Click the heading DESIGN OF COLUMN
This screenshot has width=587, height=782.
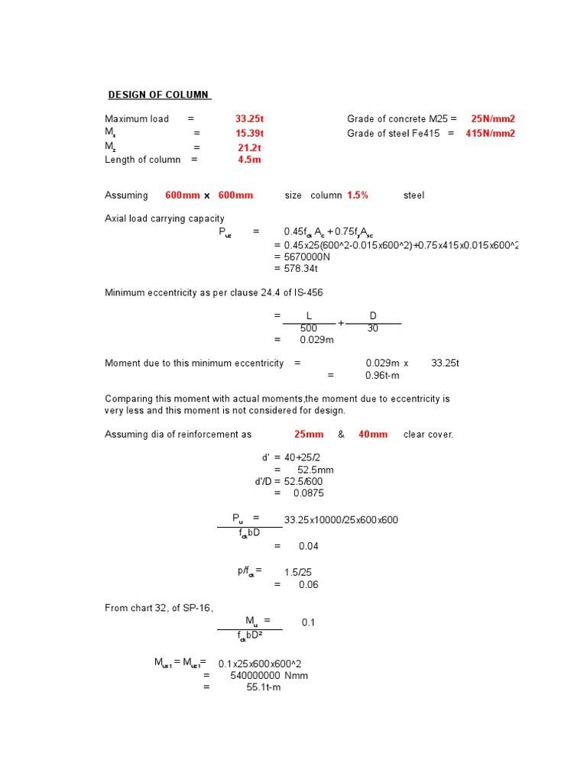point(158,95)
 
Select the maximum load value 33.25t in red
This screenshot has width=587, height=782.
point(249,119)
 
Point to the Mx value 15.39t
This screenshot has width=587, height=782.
point(249,134)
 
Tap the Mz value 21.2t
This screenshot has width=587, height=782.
point(249,147)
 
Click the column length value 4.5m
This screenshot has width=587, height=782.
point(249,160)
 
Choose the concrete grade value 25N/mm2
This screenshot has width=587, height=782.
point(492,119)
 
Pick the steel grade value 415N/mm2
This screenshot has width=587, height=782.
point(490,134)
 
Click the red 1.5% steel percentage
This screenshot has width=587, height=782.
point(357,195)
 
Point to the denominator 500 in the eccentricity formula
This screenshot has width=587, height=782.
point(308,328)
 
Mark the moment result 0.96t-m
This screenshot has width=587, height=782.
point(382,376)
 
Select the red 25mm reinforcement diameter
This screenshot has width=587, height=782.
point(309,435)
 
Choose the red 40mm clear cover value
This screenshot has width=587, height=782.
point(372,435)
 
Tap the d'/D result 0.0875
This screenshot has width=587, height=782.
point(309,493)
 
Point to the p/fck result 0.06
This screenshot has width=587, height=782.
point(309,585)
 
